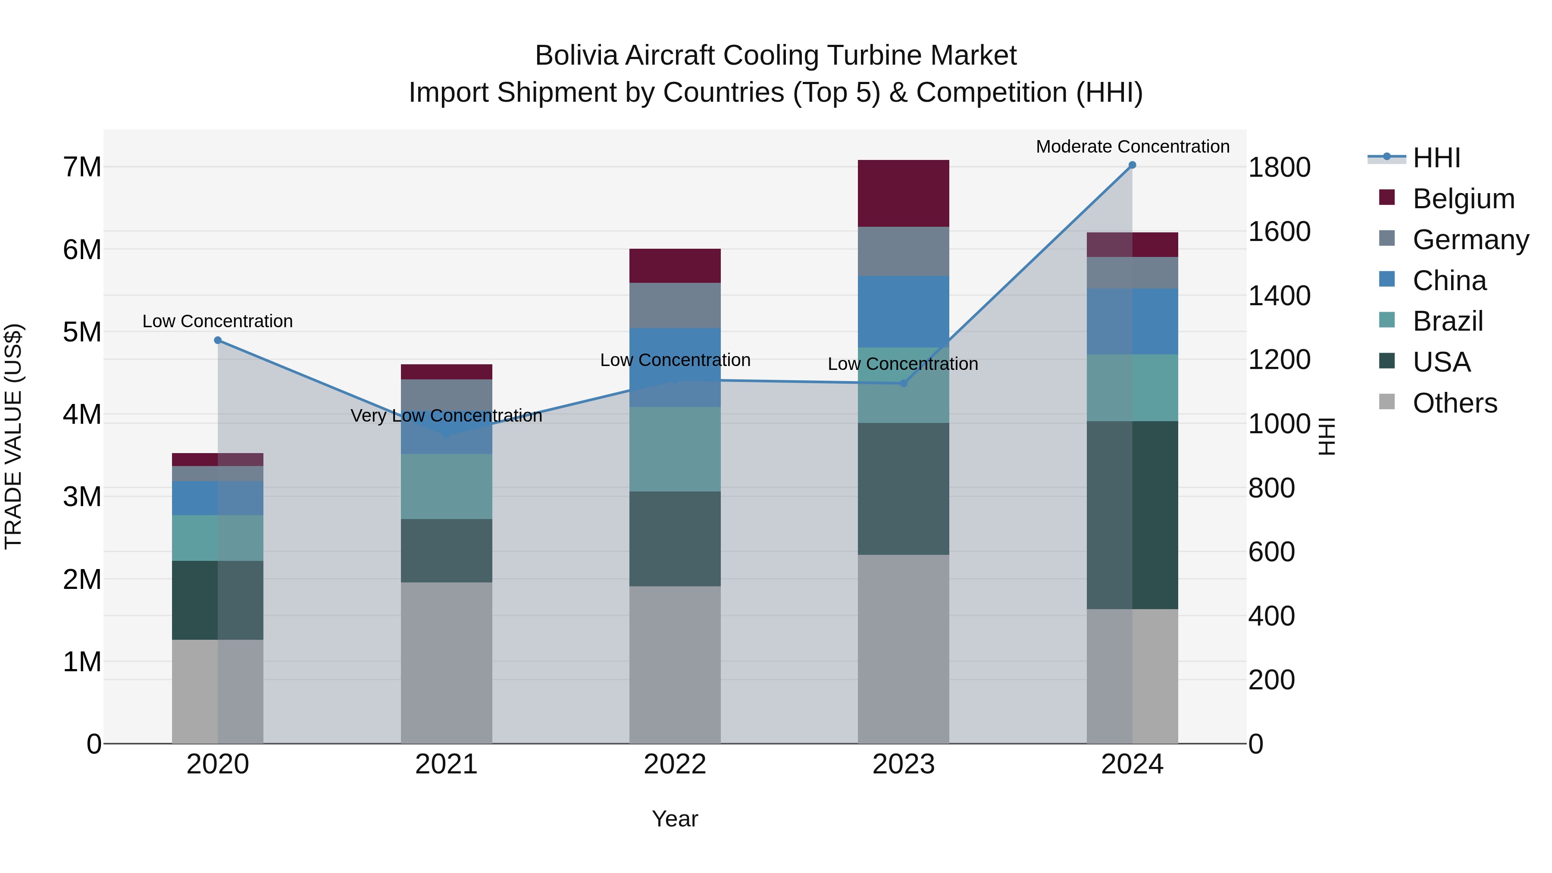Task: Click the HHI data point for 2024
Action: tap(1132, 165)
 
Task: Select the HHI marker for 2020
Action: tap(218, 341)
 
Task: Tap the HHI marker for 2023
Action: tap(903, 383)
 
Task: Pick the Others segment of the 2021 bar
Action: tap(447, 663)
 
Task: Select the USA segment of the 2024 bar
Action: tap(1132, 515)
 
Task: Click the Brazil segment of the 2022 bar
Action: tap(675, 449)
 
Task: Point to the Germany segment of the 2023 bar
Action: tap(903, 251)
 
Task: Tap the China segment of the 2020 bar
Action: tap(218, 498)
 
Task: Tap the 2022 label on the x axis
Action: tap(675, 764)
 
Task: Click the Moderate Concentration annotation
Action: tap(1132, 147)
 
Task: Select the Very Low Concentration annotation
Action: tap(447, 416)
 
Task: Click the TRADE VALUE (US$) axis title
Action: tap(13, 436)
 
